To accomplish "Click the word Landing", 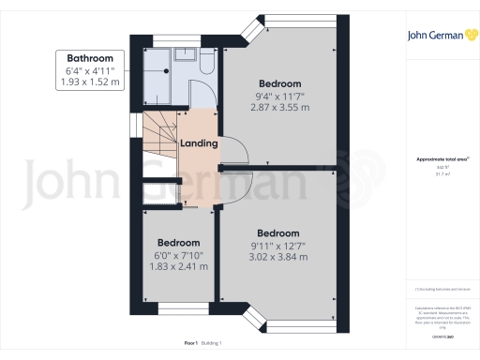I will [200, 143].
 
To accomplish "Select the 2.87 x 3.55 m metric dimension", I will [279, 107].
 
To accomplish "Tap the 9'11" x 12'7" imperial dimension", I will [277, 247].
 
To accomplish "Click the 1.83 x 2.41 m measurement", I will [178, 266].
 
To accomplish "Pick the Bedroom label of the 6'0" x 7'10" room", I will [178, 241].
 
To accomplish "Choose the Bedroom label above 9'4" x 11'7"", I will [279, 82].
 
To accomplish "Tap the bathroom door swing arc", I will [201, 94].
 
